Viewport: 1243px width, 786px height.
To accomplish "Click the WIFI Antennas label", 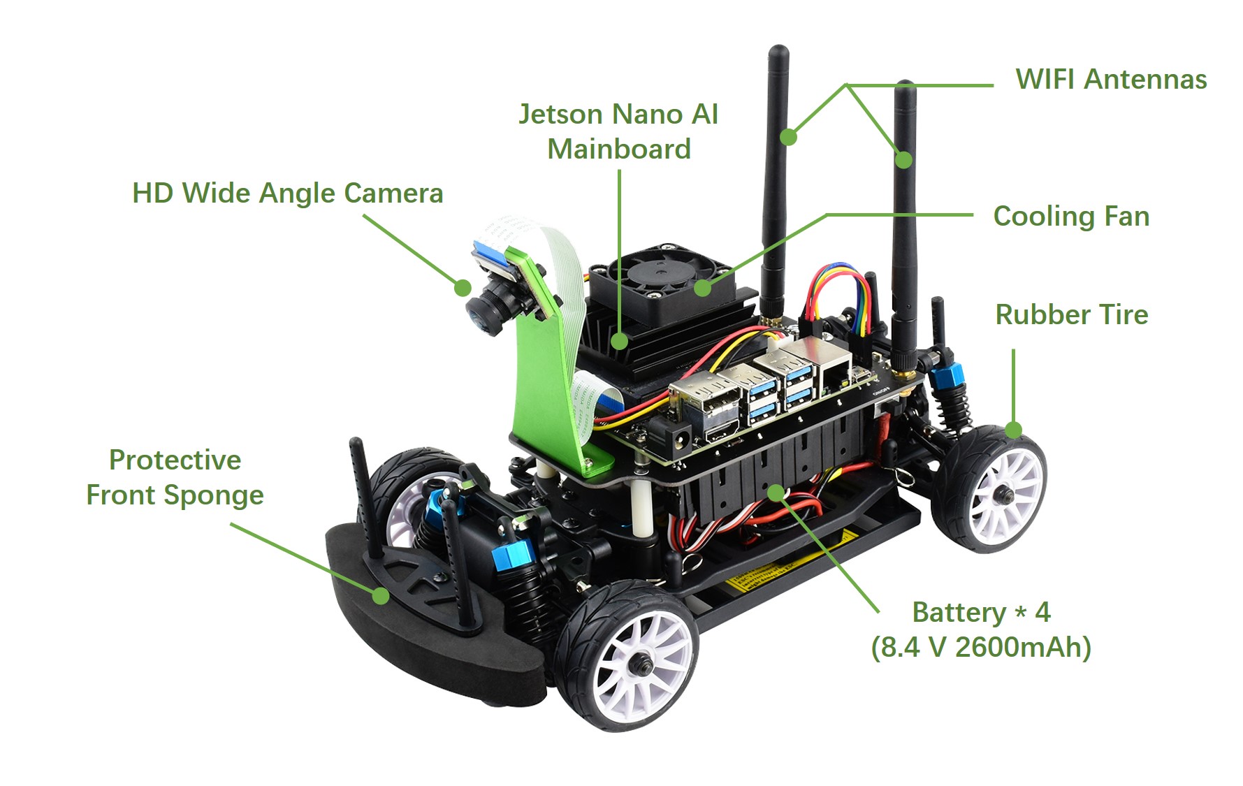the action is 1111,80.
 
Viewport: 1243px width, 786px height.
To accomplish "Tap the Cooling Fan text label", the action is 1071,217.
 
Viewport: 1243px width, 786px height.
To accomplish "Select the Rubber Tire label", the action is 1071,315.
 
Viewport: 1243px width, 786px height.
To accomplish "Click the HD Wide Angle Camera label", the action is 287,194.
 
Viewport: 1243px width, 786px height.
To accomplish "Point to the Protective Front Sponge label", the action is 175,477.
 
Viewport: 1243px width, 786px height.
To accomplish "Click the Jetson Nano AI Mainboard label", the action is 618,131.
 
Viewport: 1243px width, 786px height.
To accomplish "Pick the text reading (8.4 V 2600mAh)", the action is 981,648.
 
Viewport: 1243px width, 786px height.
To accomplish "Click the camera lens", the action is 482,314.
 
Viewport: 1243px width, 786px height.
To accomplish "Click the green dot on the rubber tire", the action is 1014,430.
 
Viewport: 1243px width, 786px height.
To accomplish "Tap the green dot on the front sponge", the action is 380,595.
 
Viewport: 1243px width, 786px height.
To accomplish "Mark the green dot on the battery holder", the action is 776,493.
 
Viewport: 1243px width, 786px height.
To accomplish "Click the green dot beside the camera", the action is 462,287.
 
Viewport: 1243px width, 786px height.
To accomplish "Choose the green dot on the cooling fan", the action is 703,287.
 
